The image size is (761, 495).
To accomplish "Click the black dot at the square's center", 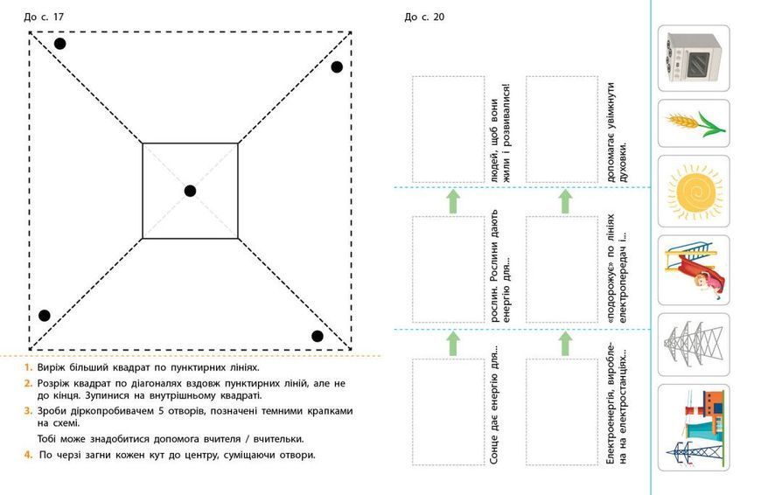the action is pos(191,191).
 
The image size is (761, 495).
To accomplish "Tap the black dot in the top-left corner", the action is pos(59,44).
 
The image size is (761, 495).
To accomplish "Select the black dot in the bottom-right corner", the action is pos(318,337).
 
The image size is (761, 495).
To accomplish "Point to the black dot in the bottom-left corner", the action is pos(44,316).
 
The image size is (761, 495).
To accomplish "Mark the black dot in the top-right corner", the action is pos(337,67).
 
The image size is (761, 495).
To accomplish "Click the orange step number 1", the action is pos(28,367).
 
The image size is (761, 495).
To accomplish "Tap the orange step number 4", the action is pos(28,455).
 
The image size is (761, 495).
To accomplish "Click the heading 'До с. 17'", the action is pos(44,17).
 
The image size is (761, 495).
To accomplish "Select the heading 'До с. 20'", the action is pos(424,17).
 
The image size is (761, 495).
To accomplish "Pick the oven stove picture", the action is pos(694,58).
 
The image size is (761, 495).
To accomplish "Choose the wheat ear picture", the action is pos(694,123).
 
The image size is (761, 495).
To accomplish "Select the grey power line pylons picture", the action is pos(694,345).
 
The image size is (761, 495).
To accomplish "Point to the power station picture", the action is pos(694,428).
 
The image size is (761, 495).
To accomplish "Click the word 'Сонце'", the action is pos(494,449).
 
